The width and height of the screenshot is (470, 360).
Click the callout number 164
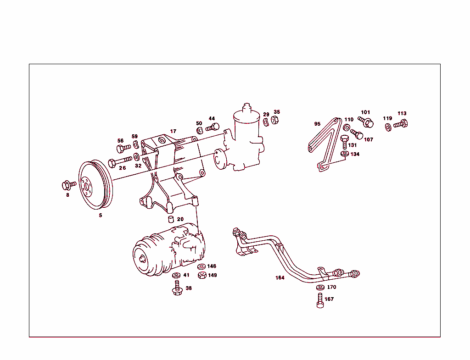coord(280,277)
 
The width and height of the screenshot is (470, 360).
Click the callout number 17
coord(173,132)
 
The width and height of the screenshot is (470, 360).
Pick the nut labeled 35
coord(275,120)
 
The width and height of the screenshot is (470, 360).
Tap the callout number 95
coord(317,124)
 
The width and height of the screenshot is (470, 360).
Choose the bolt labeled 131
coord(345,140)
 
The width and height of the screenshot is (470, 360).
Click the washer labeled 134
coord(344,154)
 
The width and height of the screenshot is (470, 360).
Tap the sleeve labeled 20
coord(171,219)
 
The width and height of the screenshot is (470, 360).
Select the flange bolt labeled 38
coord(177,288)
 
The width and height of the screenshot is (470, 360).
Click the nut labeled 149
coord(201,276)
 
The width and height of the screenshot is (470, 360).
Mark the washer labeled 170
coord(320,288)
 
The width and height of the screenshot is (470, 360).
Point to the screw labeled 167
coord(320,300)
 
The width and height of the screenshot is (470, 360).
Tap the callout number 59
coord(134,136)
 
